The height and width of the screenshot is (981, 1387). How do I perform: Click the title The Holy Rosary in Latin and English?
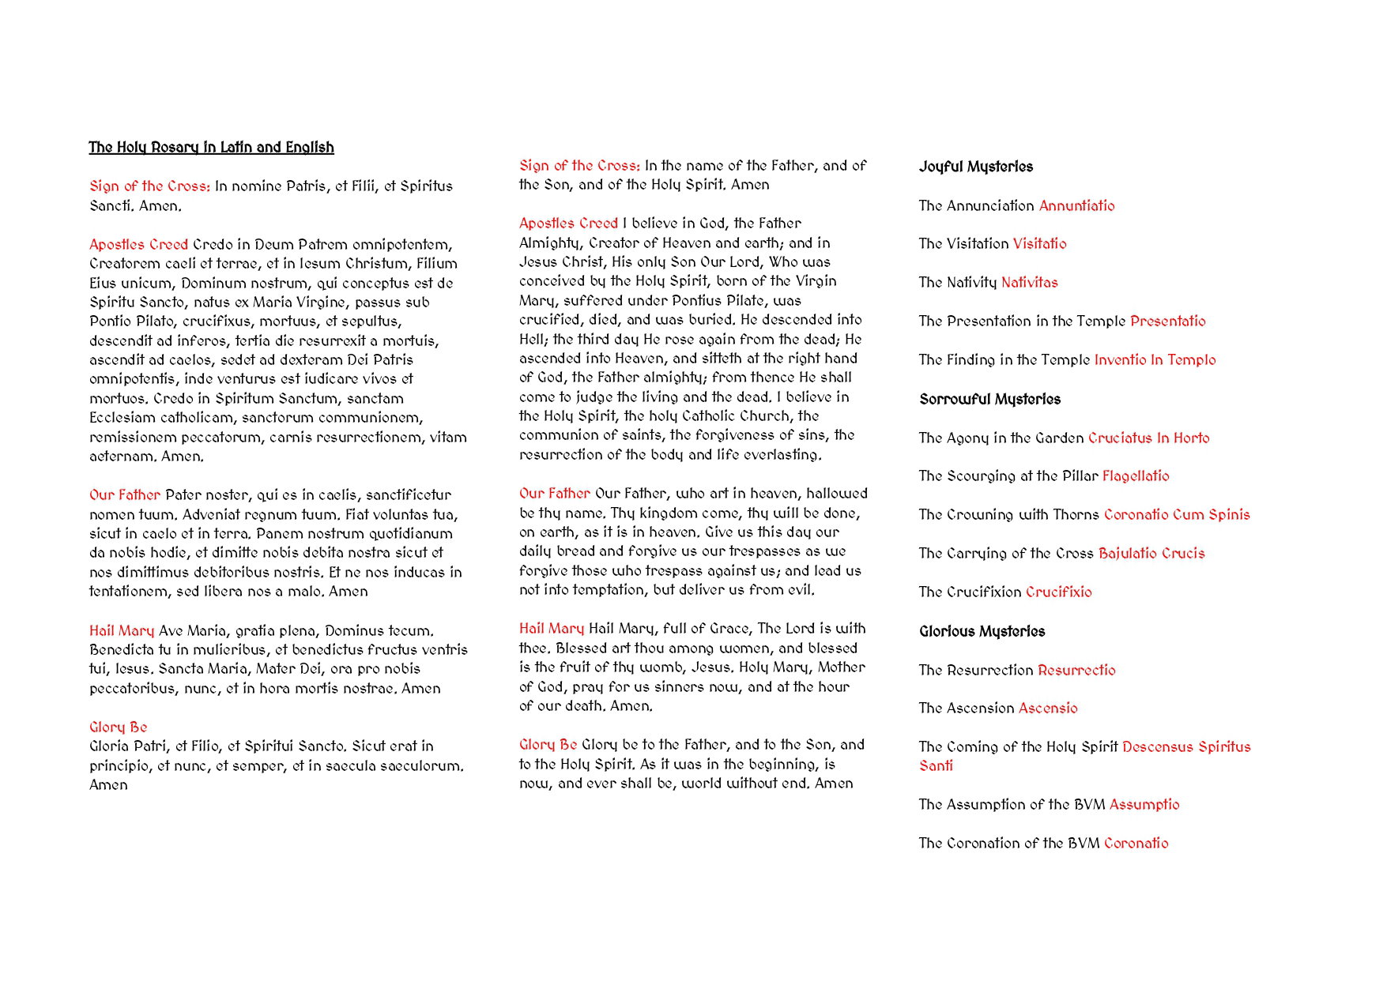click(x=211, y=148)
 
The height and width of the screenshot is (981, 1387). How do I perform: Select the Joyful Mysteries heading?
click(x=975, y=167)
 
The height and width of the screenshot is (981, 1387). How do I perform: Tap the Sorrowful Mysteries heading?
click(x=989, y=400)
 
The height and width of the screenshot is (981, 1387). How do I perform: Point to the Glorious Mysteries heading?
click(x=982, y=632)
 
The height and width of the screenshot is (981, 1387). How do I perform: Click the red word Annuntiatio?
click(x=1076, y=206)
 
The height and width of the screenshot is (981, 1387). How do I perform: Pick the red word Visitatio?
click(x=1039, y=244)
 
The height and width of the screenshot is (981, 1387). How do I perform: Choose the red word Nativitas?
click(x=1029, y=283)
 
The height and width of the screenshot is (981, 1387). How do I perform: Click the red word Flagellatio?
click(x=1136, y=476)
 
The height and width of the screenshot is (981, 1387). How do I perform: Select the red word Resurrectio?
click(x=1076, y=671)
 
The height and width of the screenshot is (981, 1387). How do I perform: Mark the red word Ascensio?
click(x=1048, y=708)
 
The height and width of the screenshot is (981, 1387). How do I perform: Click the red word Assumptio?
click(x=1144, y=805)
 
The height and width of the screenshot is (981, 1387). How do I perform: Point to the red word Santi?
click(x=936, y=766)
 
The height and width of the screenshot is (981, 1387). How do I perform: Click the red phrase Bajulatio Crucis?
click(x=1151, y=554)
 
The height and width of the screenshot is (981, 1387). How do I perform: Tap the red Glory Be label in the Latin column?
click(x=119, y=727)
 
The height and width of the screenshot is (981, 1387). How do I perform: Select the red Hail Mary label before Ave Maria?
click(x=122, y=631)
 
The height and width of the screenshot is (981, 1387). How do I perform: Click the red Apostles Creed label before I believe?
click(x=568, y=224)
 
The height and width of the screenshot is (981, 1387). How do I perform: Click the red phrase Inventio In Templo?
click(x=1155, y=360)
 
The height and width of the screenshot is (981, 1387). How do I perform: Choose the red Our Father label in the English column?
click(x=554, y=494)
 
